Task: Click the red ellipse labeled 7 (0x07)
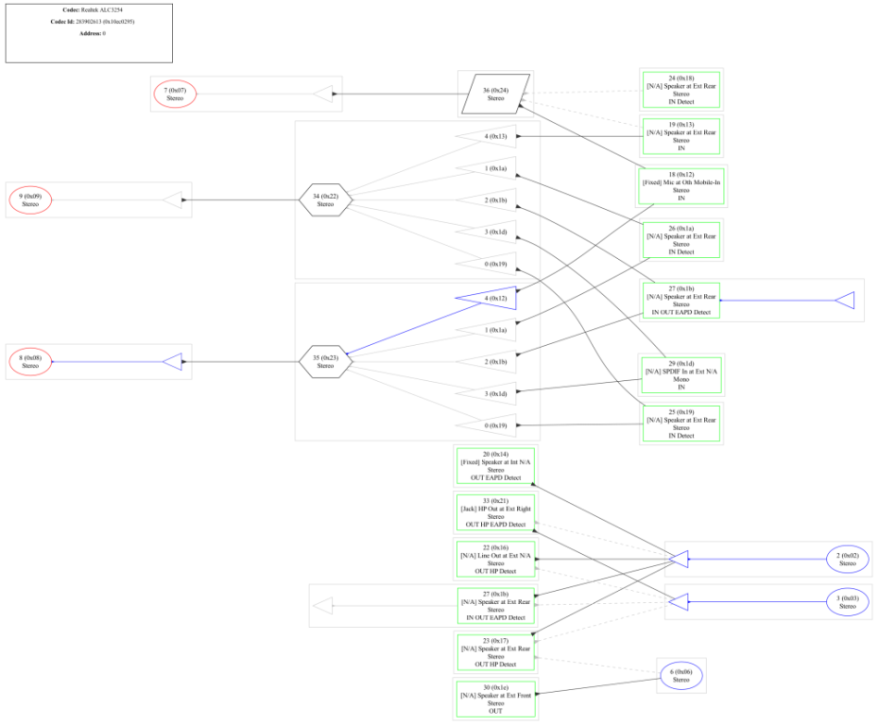[x=174, y=94]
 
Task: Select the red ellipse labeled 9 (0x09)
[x=30, y=200]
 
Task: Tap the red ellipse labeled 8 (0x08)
[x=30, y=361]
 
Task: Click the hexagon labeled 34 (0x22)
[x=325, y=200]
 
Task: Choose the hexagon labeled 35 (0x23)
[x=325, y=361]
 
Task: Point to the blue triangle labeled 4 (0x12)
[x=492, y=298]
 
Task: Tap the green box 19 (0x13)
[x=681, y=136]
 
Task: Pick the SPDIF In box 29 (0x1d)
[x=681, y=375]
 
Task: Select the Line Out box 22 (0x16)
[x=495, y=559]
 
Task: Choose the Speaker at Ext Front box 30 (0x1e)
[x=495, y=699]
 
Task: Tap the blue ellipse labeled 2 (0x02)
[x=847, y=559]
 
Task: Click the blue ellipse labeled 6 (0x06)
[x=680, y=675]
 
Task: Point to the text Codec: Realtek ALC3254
[x=89, y=9]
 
